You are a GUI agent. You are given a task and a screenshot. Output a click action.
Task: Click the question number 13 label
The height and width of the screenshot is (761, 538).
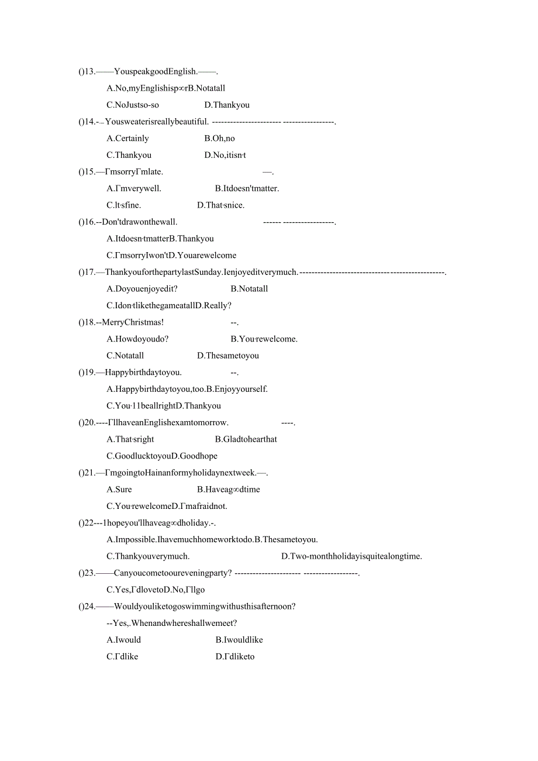tap(87, 71)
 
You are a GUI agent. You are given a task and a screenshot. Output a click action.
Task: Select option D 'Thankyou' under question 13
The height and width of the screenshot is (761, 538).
tap(227, 105)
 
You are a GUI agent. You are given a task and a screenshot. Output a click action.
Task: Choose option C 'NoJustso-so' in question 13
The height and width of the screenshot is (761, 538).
tap(133, 105)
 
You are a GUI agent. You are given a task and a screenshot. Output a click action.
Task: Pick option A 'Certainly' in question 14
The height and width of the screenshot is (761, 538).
tap(127, 138)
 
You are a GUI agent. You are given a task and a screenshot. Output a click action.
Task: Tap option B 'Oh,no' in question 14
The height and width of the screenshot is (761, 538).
tap(219, 138)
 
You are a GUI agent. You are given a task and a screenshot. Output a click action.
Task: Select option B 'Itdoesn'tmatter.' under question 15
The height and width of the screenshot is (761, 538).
tap(247, 188)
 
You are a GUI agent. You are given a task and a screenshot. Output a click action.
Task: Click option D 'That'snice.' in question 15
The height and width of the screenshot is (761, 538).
tap(220, 205)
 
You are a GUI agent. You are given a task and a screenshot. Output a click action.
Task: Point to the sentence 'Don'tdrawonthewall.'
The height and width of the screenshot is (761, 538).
tap(140, 222)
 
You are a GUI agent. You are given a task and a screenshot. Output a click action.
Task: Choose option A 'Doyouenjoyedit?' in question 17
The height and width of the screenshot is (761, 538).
tap(142, 288)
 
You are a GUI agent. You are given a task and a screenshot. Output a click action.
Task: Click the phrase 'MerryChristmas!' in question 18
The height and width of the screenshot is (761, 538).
tap(133, 322)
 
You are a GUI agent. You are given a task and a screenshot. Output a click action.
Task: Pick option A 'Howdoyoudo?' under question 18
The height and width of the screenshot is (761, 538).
tap(137, 339)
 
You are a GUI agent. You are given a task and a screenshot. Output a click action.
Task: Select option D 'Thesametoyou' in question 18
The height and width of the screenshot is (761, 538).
tap(228, 356)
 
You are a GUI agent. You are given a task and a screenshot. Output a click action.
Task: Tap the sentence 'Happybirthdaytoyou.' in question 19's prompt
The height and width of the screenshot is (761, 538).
tap(143, 372)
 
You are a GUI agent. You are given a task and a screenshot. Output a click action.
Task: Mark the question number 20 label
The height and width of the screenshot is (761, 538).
tap(87, 422)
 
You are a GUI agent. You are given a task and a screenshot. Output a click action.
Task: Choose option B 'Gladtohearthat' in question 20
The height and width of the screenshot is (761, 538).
tap(246, 439)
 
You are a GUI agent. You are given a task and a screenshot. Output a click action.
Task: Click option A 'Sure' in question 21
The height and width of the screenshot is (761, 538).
tap(119, 489)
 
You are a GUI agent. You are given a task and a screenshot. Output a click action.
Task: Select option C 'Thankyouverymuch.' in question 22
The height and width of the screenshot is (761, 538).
tap(148, 556)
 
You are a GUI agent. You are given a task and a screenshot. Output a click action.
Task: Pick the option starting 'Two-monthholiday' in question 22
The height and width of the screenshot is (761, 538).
tap(351, 556)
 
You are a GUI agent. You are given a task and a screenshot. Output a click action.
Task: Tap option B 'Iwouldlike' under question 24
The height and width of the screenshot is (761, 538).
tap(239, 640)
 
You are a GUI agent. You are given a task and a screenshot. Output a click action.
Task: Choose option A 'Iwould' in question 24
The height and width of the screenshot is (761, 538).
tap(124, 640)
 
